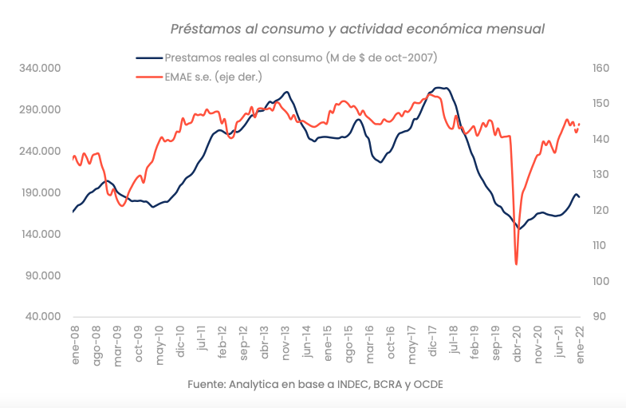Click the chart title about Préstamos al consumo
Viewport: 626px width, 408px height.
[358, 29]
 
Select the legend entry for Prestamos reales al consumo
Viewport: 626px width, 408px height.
[300, 57]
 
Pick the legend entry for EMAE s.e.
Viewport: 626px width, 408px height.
[213, 77]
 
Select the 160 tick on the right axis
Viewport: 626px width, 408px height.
[600, 69]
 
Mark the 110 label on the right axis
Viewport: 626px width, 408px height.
[600, 246]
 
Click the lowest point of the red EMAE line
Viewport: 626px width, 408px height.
[517, 263]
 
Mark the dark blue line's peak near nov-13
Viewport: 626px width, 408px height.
[286, 92]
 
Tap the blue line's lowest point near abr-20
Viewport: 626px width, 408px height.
[519, 228]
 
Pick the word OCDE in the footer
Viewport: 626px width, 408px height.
[427, 384]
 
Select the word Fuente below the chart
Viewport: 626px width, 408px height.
[207, 384]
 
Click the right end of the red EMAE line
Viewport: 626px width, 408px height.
[579, 125]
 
